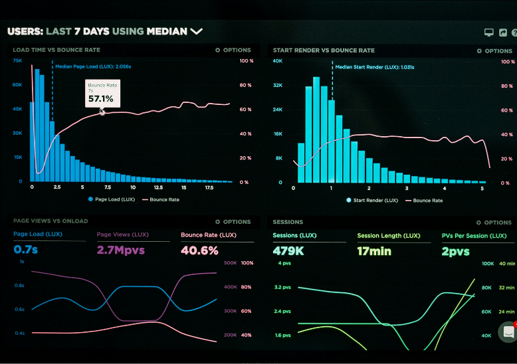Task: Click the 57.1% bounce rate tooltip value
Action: coord(101,99)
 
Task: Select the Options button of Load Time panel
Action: coord(233,50)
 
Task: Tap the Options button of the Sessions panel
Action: coord(494,223)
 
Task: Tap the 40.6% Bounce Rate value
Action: coord(199,250)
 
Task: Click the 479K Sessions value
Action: coord(288,251)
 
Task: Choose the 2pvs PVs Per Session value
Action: coord(455,252)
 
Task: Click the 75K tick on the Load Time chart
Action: coord(17,61)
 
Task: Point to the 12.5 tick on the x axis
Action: coord(158,187)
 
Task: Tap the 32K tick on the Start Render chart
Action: coord(278,85)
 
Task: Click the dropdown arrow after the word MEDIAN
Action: coord(196,31)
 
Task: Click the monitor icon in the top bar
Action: coord(488,32)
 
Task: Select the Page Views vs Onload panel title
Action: coord(51,221)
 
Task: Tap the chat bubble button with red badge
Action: coord(508,331)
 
